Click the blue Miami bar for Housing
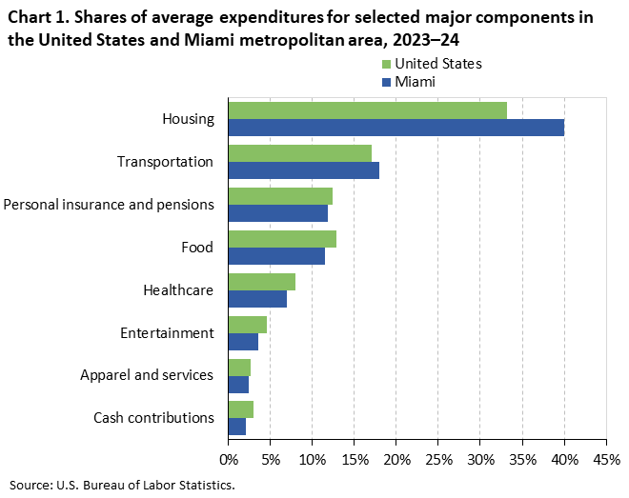pyautogui.click(x=396, y=128)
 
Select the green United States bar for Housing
pyautogui.click(x=367, y=110)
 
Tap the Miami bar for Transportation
pyautogui.click(x=303, y=170)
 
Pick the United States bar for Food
pyautogui.click(x=282, y=239)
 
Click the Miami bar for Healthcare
pyautogui.click(x=257, y=299)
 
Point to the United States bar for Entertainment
pyautogui.click(x=247, y=325)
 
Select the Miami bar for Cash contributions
pyautogui.click(x=237, y=428)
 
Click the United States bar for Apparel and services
pyautogui.click(x=239, y=368)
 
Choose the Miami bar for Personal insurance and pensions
pyautogui.click(x=277, y=213)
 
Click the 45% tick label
pyautogui.click(x=606, y=460)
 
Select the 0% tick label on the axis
pyautogui.click(x=229, y=460)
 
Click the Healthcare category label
pyautogui.click(x=177, y=290)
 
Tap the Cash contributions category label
pyautogui.click(x=152, y=418)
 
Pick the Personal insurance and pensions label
pyautogui.click(x=109, y=205)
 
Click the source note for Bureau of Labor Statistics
pyautogui.click(x=122, y=484)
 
